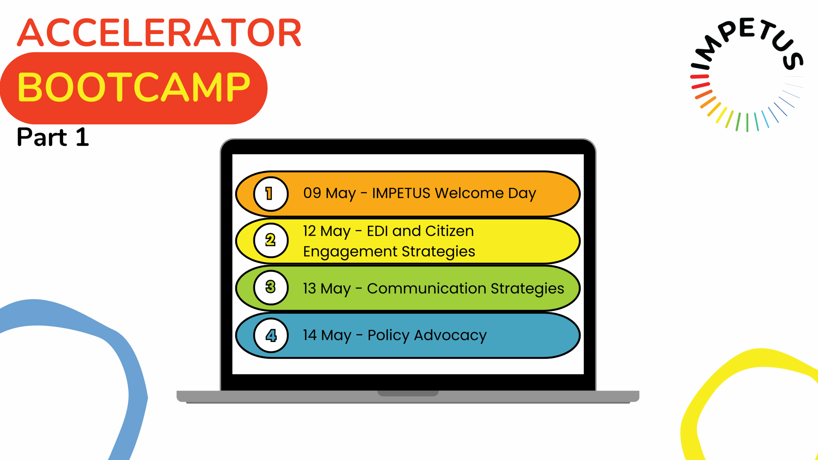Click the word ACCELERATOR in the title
point(159,32)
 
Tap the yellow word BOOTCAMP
point(134,87)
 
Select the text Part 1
point(53,137)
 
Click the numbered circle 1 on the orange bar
point(271,194)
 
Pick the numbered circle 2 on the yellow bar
point(271,240)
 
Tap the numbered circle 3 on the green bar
point(271,287)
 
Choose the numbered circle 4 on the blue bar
point(271,335)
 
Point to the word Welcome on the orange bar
point(469,193)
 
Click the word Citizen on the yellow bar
point(449,231)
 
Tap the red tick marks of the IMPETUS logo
point(700,81)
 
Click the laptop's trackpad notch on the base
point(408,393)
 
